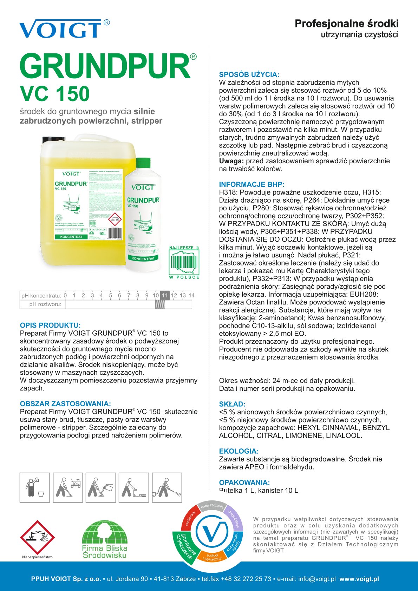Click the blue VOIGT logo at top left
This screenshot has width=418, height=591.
click(x=60, y=29)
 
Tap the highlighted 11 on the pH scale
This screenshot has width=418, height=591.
click(x=165, y=295)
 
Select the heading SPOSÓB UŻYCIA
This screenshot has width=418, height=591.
click(x=249, y=74)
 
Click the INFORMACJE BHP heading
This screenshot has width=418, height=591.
click(x=252, y=184)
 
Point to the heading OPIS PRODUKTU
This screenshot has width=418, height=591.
click(x=50, y=325)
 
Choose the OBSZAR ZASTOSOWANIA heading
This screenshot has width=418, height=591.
click(x=65, y=404)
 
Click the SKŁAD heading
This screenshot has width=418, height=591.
click(x=232, y=404)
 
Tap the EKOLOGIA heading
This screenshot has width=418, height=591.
click(x=239, y=451)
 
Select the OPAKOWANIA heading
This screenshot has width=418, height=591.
click(x=244, y=482)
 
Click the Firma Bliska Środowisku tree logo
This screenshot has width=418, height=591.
click(x=104, y=539)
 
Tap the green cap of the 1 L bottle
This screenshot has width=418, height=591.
click(x=143, y=163)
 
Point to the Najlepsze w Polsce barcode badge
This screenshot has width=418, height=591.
click(x=184, y=262)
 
